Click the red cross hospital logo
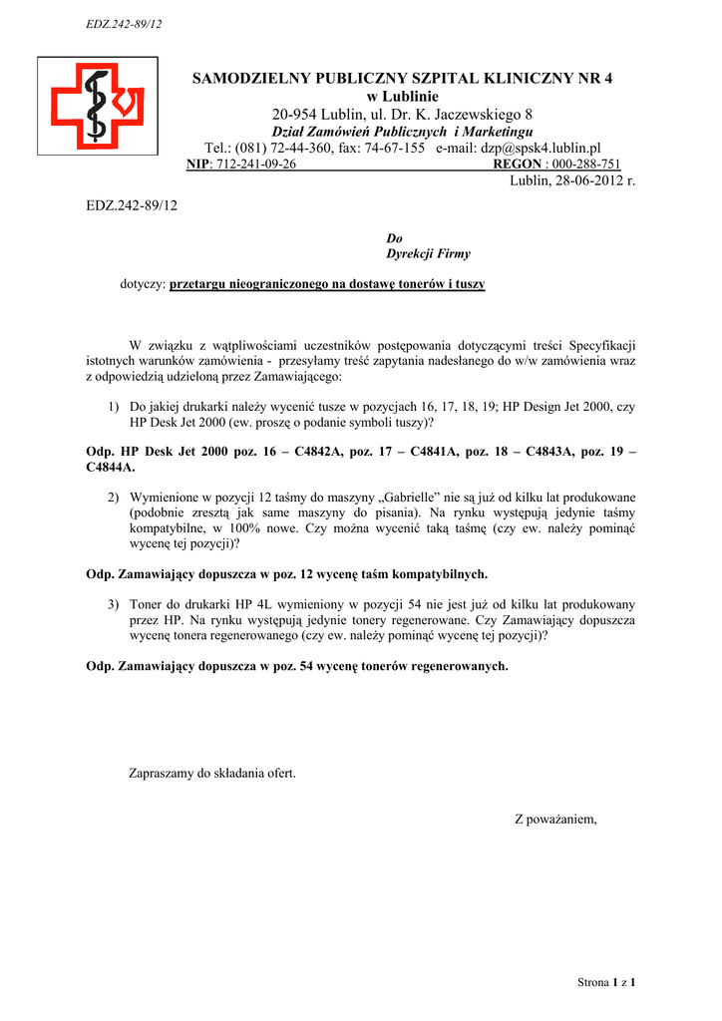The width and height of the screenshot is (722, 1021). tap(97, 105)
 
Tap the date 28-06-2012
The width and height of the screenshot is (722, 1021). tap(577, 180)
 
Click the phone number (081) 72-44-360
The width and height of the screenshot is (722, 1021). tap(300, 148)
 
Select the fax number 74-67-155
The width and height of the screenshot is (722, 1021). tap(395, 148)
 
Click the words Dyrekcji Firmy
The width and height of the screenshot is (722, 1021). tap(428, 254)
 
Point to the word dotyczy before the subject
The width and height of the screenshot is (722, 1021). tap(142, 284)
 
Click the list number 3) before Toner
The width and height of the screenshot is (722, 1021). tap(114, 604)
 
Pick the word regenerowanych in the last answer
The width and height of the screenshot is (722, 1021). tap(458, 665)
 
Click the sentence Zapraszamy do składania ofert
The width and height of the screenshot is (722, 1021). tap(212, 772)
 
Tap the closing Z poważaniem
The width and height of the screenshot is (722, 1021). tap(555, 820)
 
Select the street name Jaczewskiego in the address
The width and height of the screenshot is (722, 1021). tap(474, 115)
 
